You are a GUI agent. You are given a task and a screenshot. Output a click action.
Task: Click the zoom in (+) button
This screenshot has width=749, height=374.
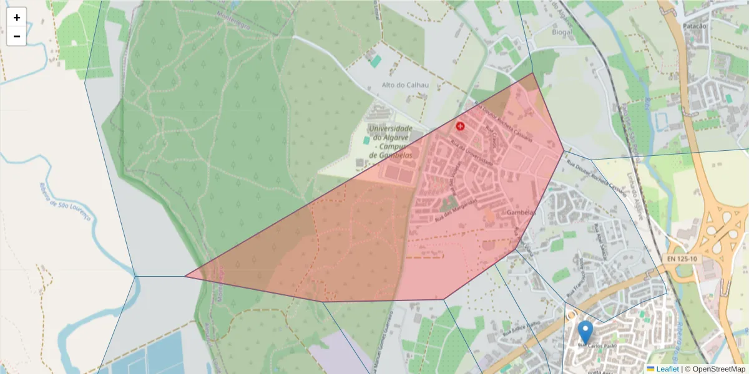17,17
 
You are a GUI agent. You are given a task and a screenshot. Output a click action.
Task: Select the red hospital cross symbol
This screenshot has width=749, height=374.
461,126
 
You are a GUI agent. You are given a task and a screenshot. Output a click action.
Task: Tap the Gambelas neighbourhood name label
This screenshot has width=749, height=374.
521,213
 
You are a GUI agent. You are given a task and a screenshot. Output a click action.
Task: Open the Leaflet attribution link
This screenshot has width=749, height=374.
667,369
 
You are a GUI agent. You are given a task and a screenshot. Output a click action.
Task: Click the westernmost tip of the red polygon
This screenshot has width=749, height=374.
185,276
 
